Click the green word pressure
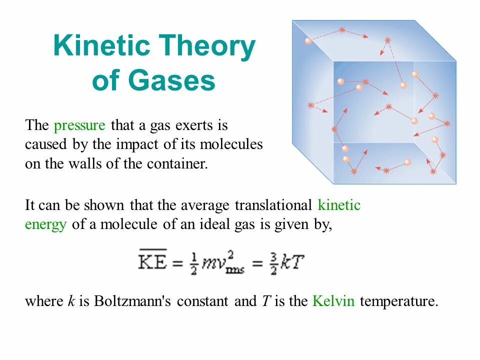80,125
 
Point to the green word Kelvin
333,301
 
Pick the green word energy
45,224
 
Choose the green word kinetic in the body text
339,205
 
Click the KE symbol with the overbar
153,261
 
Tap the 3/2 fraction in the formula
273,262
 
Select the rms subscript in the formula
234,270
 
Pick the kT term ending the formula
292,261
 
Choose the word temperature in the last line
398,301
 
